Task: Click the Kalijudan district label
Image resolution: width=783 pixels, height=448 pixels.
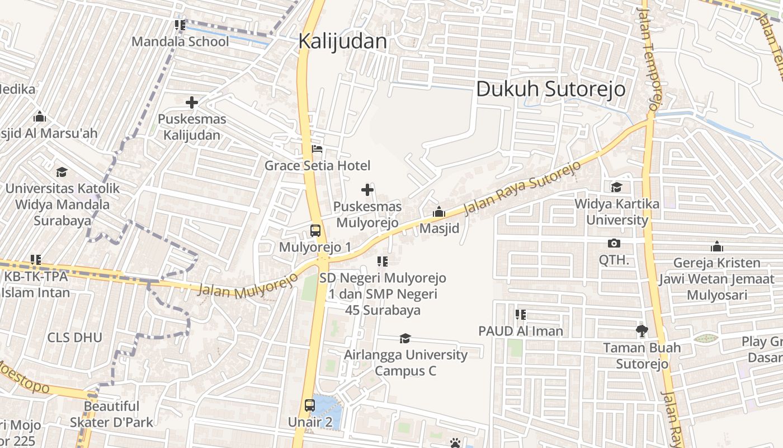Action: coord(342,41)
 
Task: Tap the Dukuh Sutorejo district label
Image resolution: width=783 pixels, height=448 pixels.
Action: coord(550,89)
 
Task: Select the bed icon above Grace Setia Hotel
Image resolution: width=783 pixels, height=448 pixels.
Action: coord(317,150)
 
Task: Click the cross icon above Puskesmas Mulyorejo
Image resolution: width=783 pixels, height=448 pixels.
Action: coord(367,190)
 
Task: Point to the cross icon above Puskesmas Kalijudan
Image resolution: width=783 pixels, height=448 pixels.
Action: coord(192,102)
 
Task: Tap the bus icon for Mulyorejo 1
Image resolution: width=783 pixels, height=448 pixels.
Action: coord(315,231)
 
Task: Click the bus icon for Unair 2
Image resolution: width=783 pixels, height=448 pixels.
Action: coord(310,405)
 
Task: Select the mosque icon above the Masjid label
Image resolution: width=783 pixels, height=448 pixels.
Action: coord(439,212)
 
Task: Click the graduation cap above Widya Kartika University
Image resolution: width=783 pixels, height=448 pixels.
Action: coord(616,187)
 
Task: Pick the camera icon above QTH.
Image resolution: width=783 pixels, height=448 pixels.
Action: coord(614,244)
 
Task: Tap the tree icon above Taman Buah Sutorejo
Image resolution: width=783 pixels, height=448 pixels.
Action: coord(642,331)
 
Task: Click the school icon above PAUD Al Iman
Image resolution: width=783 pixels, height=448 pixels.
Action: coord(521,315)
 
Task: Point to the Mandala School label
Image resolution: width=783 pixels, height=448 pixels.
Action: coord(180,42)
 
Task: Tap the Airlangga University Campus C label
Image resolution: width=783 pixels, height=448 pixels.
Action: coord(405,363)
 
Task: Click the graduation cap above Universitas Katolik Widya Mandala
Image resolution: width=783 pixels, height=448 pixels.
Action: coord(62,172)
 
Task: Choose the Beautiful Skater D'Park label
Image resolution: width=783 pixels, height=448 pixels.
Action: coord(111,414)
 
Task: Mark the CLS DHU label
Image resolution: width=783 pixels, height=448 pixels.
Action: coord(74,338)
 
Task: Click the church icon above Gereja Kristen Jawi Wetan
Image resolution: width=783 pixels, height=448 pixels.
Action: coord(716,246)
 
